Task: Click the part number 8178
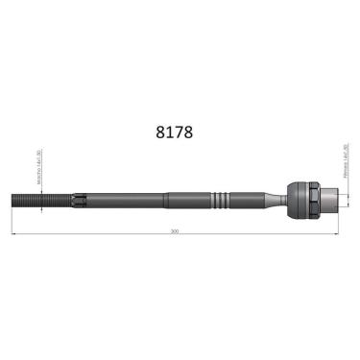click(174, 132)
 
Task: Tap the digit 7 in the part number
click(179, 132)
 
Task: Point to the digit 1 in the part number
click(168, 132)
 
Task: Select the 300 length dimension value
click(174, 231)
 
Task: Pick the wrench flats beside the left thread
click(77, 201)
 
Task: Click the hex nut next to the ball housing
click(314, 201)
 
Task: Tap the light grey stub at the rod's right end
click(329, 201)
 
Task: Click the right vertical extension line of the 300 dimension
click(338, 223)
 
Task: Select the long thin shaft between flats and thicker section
click(125, 201)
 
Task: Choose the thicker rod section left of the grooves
click(187, 201)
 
